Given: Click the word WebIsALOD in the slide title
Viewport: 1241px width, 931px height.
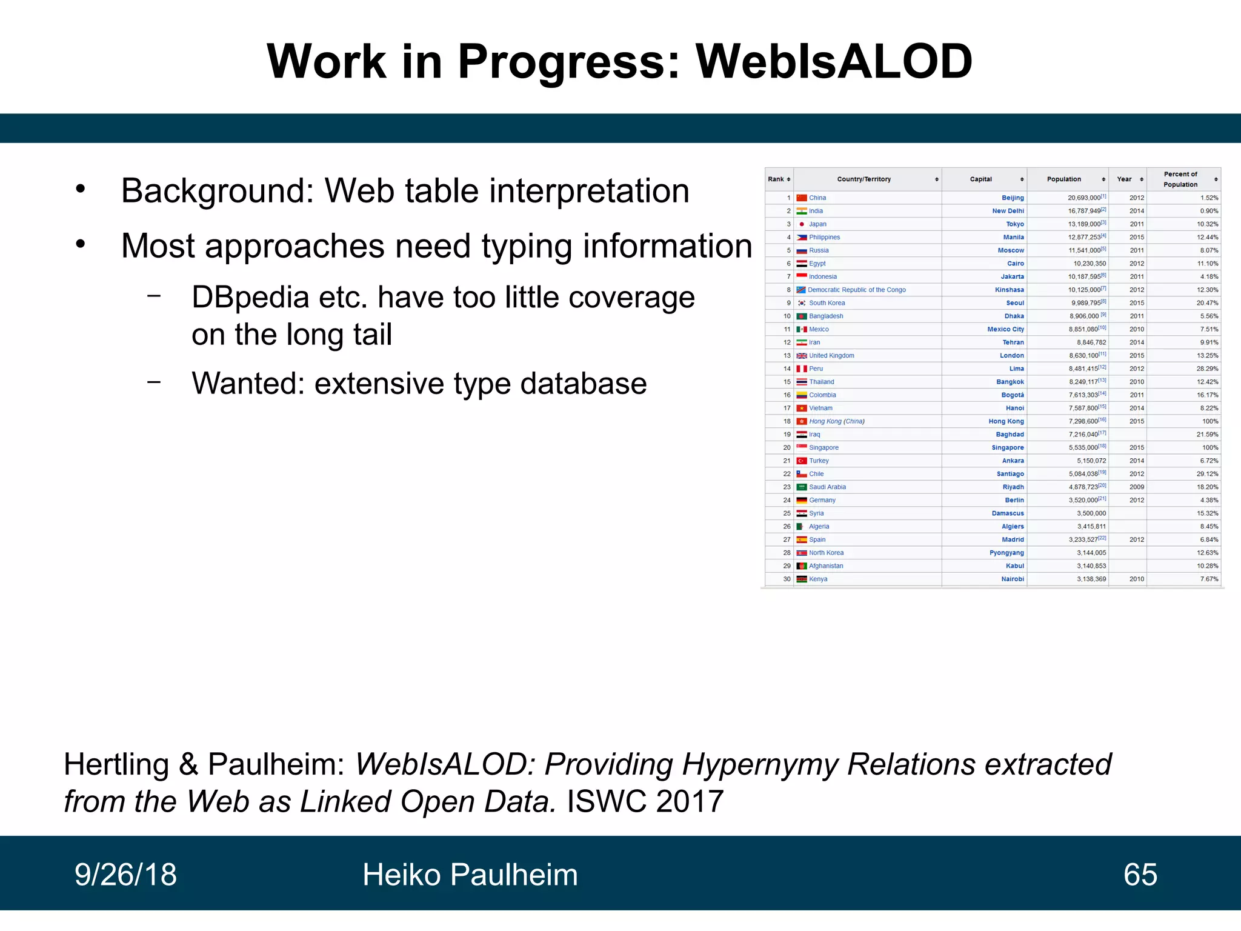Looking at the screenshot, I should coord(833,62).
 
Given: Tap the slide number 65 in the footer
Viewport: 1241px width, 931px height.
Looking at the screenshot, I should coord(1140,875).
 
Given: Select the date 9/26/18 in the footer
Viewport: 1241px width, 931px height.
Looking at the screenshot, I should coord(125,875).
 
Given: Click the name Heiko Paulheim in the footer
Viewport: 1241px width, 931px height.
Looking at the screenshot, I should coord(470,875).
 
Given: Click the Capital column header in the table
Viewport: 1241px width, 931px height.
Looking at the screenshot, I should coord(980,179).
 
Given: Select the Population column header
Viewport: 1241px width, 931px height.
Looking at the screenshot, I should coord(1063,179).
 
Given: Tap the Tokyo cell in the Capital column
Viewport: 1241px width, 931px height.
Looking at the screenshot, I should coord(1014,224).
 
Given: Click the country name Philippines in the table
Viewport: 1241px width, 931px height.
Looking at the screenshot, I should coord(824,238).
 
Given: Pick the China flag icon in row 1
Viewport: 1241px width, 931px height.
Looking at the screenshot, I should coord(802,198).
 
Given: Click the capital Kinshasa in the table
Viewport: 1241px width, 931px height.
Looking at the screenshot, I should coord(1009,290).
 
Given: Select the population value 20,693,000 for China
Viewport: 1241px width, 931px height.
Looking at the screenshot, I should coord(1083,198).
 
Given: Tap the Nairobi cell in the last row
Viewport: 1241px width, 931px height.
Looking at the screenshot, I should coord(1012,579).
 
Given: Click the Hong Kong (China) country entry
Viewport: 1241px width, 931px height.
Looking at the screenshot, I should coord(836,421).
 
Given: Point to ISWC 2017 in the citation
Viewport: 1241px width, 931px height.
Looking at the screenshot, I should coord(645,801).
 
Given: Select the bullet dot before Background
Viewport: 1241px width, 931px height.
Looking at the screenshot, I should coord(81,190).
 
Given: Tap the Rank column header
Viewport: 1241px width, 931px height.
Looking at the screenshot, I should coord(776,179).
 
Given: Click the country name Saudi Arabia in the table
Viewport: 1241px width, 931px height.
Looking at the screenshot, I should coord(827,487).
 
